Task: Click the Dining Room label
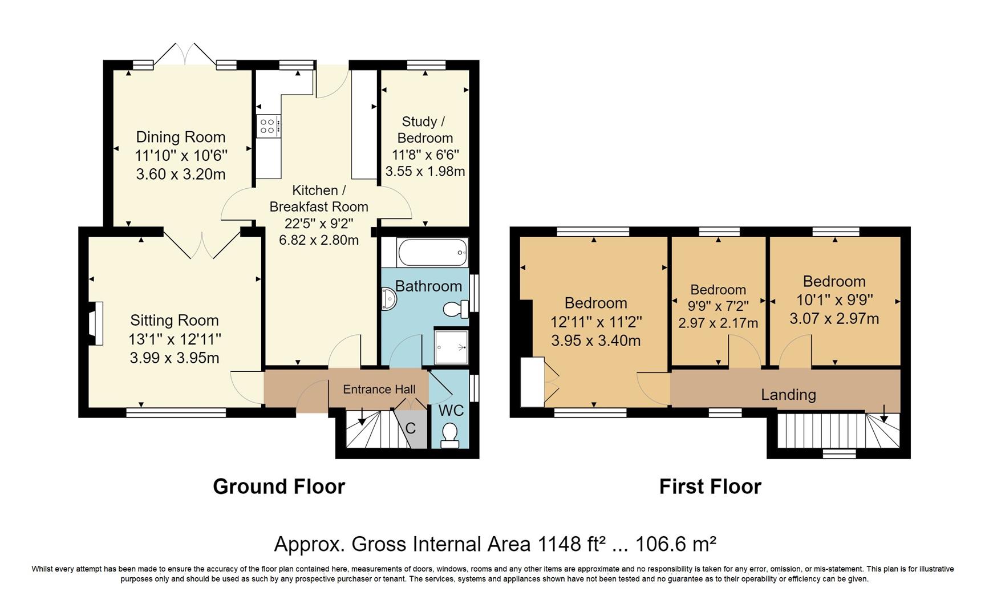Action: click(x=180, y=137)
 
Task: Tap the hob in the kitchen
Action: click(x=268, y=125)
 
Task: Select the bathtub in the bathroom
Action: click(x=433, y=252)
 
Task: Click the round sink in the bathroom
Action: click(x=389, y=299)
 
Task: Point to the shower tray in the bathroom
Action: click(x=451, y=347)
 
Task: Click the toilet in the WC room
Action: click(x=451, y=435)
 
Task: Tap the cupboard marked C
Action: click(x=411, y=428)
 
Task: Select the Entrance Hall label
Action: click(x=379, y=390)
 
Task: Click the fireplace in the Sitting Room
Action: click(x=95, y=323)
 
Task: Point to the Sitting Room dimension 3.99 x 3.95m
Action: click(x=175, y=358)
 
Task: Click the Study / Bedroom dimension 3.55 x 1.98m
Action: click(x=425, y=171)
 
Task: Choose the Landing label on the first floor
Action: click(x=789, y=395)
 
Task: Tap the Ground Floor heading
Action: click(x=279, y=487)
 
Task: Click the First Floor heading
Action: click(x=710, y=487)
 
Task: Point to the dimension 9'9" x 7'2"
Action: click(x=719, y=306)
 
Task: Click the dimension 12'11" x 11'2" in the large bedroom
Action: click(x=596, y=322)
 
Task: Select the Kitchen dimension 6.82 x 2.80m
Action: click(x=319, y=240)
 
